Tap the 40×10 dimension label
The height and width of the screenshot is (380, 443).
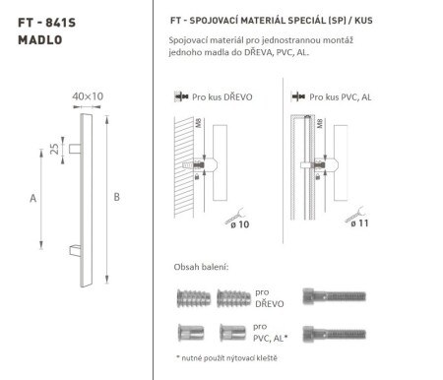point(88,97)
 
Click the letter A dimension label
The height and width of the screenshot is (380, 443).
point(33,198)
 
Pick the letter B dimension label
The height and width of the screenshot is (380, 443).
point(117,198)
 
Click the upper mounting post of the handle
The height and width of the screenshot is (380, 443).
point(74,148)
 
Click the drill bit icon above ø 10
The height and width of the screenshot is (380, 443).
point(232,210)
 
